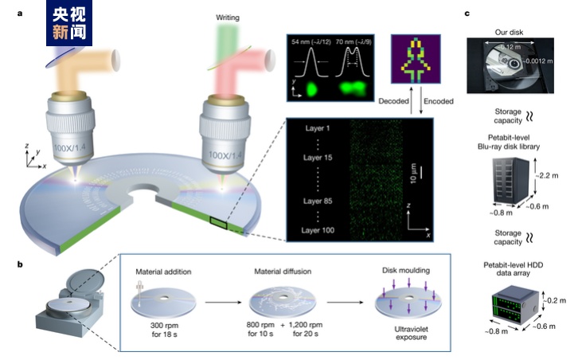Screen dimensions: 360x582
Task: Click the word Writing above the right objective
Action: [228, 17]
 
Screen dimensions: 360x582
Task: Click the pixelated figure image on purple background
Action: [414, 58]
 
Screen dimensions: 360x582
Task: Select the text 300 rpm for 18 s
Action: [168, 331]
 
